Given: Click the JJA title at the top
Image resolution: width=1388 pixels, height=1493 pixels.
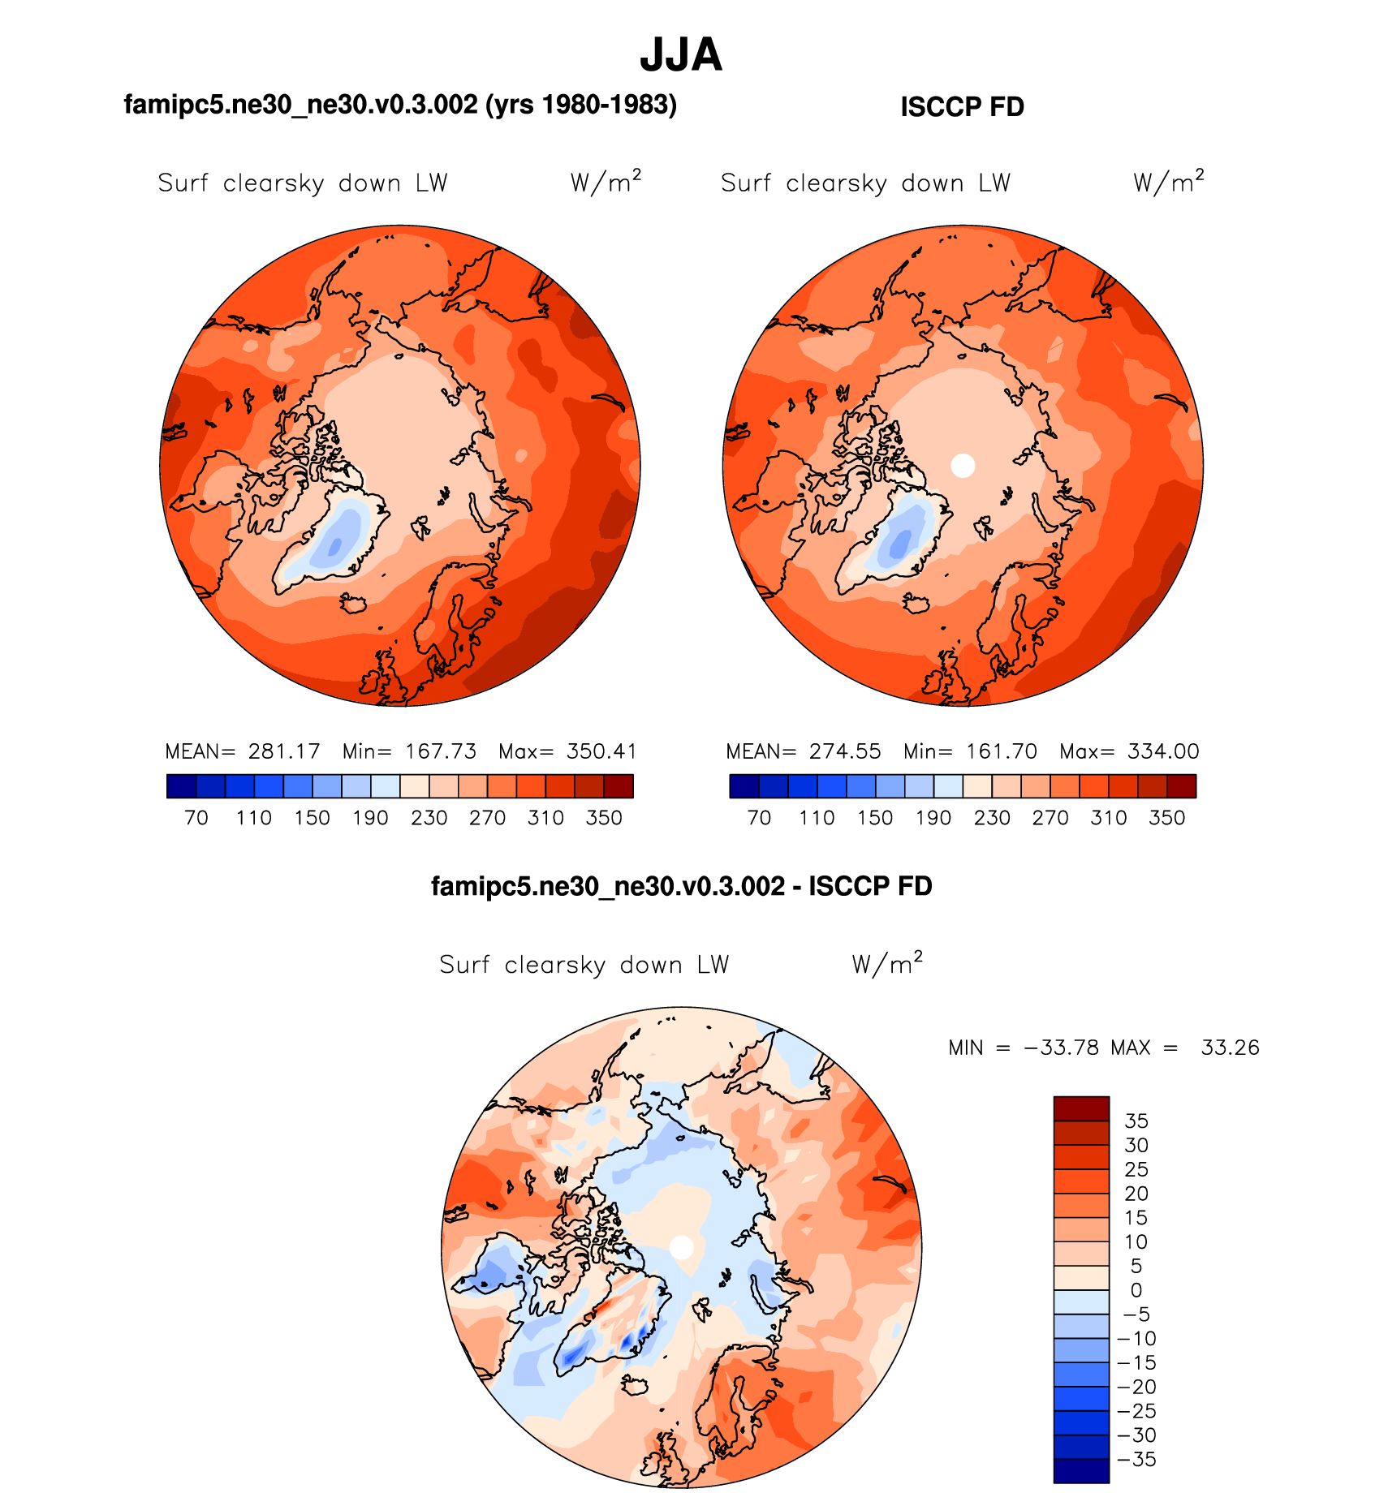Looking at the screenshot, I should pos(680,55).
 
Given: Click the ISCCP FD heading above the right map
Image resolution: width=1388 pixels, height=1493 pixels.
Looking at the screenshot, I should pos(962,107).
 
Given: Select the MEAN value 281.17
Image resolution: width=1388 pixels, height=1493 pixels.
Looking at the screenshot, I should pos(284,751).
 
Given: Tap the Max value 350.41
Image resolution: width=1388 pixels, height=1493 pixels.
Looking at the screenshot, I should pos(601,751).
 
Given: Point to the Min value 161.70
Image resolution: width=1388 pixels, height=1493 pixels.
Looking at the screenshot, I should pos(1002,751).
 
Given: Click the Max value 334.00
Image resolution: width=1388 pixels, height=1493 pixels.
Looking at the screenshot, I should pos(1163,751).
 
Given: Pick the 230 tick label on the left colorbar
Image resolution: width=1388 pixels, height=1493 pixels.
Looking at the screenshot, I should pos(429,818).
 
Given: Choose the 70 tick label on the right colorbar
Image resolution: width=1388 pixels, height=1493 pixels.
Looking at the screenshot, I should pos(759,818).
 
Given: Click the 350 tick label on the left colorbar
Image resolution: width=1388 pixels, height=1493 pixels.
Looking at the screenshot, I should pos(604,818).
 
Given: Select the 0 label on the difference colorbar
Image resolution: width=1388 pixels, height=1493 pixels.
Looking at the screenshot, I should pos(1136,1290).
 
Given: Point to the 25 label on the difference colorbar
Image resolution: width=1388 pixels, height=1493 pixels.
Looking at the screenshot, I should pos(1136,1169).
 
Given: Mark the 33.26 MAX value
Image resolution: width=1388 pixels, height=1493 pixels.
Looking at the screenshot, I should pos(1230,1048).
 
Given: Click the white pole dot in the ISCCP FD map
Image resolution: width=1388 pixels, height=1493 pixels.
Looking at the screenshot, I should pos(963,466).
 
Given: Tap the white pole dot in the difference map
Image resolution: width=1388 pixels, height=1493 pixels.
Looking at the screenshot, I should pos(682,1247).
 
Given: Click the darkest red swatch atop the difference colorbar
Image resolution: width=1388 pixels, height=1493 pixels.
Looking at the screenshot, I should pos(1081,1108).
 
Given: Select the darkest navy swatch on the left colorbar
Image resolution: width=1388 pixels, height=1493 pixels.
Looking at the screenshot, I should pos(181,786).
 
